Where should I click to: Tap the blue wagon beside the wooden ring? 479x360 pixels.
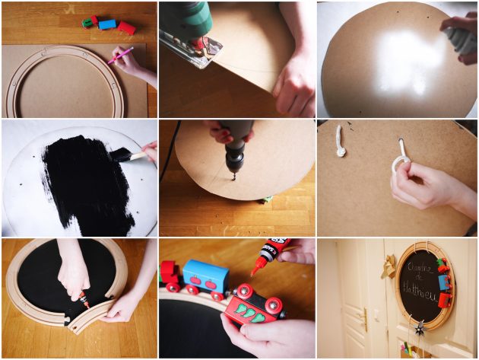(x=107, y=24)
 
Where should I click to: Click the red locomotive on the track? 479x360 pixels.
(x=168, y=275)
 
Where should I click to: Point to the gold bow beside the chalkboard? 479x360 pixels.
(x=390, y=266)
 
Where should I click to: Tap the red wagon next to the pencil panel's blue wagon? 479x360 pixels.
(x=126, y=28)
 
